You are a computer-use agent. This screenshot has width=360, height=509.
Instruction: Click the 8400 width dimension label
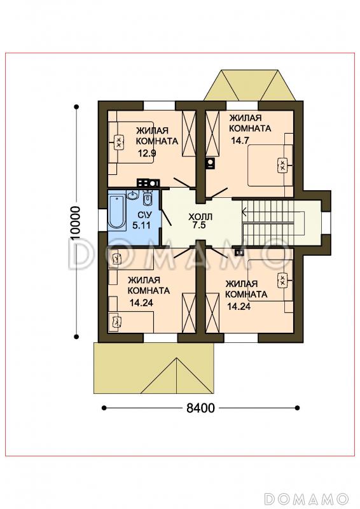click(x=200, y=408)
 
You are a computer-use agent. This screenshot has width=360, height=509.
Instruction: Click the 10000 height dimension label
click(x=75, y=223)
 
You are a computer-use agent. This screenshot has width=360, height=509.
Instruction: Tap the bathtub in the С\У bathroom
click(x=116, y=212)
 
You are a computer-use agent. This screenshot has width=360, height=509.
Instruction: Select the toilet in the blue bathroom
click(x=148, y=199)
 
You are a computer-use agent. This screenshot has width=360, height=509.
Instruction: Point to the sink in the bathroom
click(x=133, y=195)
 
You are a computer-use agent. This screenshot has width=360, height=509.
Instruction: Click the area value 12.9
click(x=147, y=153)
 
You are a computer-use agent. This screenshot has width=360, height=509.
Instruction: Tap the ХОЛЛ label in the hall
click(x=200, y=216)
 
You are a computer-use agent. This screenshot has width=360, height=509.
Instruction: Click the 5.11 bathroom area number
click(x=142, y=225)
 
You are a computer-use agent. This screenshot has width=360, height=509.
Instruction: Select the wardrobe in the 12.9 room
click(x=189, y=134)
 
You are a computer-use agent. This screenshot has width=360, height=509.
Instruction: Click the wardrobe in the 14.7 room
click(x=212, y=134)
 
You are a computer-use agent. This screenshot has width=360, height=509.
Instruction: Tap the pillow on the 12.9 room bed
click(x=119, y=142)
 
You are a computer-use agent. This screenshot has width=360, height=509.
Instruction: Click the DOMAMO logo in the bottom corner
click(x=306, y=498)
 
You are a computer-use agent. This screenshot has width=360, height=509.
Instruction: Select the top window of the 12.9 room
click(x=160, y=106)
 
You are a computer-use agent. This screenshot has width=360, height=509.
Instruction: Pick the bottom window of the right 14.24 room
click(x=241, y=338)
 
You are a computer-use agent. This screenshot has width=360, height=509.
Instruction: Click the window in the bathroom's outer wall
click(x=103, y=220)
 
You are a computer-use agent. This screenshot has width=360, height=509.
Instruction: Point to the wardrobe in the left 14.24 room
click(x=189, y=312)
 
